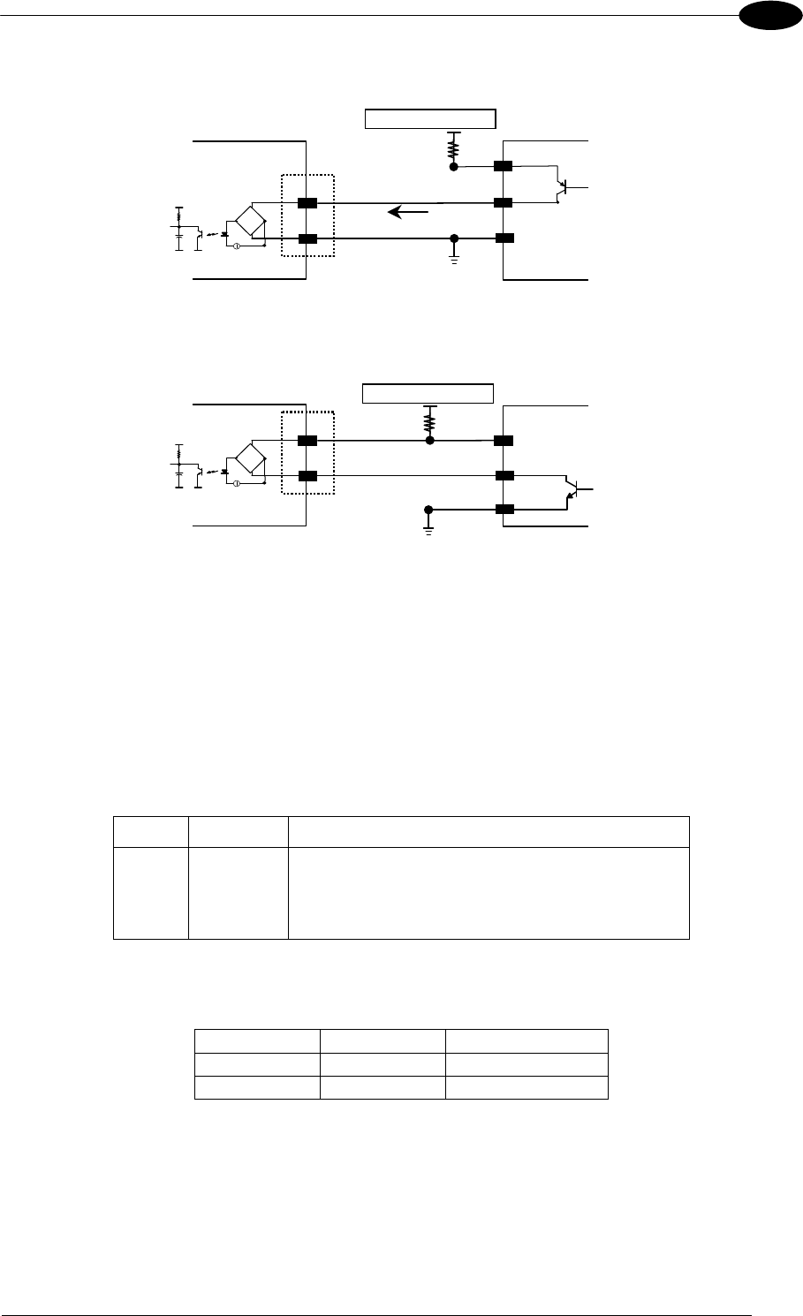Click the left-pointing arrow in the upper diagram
pyautogui.click(x=409, y=212)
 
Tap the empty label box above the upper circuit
pyautogui.click(x=431, y=119)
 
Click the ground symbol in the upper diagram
pyautogui.click(x=454, y=259)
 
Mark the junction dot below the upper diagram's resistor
pyautogui.click(x=454, y=166)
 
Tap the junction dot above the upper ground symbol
pyautogui.click(x=454, y=238)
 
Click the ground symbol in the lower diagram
pyautogui.click(x=429, y=529)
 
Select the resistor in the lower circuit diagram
pyautogui.click(x=430, y=417)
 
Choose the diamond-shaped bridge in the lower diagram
pyautogui.click(x=254, y=458)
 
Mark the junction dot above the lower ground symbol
pyautogui.click(x=429, y=510)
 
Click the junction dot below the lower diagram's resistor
pyautogui.click(x=430, y=440)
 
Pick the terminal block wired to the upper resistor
pyautogui.click(x=504, y=166)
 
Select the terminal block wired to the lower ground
pyautogui.click(x=504, y=510)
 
